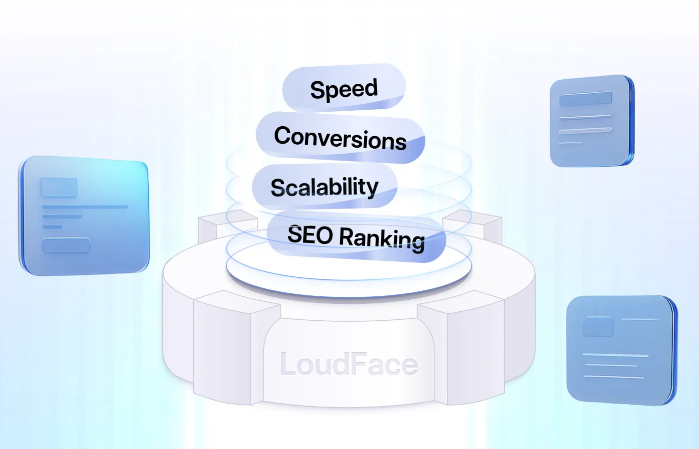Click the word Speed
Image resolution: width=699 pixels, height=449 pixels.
344,90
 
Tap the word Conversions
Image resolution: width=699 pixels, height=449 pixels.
340,138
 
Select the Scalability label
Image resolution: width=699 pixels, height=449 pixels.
325,188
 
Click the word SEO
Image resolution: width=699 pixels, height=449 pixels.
310,234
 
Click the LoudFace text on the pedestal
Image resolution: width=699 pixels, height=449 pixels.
349,365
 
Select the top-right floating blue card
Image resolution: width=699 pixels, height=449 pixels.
592,121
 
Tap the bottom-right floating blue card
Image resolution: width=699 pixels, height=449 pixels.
622,350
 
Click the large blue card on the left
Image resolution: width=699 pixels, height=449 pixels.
84,216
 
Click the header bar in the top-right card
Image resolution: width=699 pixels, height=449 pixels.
586,99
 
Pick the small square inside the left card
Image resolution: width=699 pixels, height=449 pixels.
59,188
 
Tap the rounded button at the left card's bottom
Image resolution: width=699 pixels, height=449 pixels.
66,245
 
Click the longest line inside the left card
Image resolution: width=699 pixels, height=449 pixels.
85,207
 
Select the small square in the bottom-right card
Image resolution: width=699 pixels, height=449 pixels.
598,327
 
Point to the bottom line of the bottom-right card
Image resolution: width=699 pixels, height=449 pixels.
614,377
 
